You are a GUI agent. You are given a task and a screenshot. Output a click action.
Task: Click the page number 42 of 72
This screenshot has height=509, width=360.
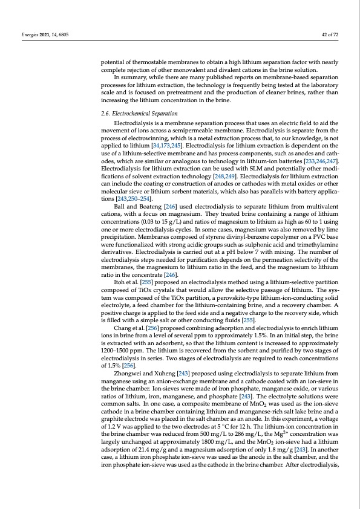[329, 35]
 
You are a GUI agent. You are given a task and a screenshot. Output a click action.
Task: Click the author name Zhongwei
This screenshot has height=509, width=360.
[128, 374]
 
